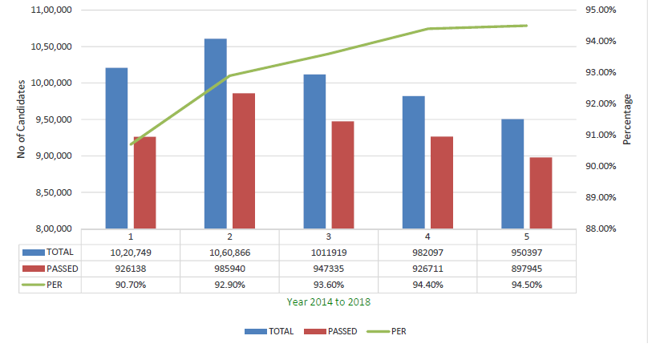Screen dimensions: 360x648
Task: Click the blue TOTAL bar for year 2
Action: (216, 133)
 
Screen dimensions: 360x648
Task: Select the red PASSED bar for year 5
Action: (541, 192)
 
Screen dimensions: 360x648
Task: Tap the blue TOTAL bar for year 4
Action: (414, 162)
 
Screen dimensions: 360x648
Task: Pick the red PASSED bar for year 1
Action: (145, 182)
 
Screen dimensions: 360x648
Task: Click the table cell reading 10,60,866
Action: (229, 252)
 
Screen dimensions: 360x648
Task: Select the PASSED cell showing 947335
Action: (329, 268)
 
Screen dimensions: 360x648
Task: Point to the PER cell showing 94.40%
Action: (427, 284)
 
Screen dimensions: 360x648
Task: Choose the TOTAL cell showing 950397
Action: (527, 252)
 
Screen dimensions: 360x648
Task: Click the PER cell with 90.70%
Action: (130, 284)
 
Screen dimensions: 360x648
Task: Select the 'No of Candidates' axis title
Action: (22, 119)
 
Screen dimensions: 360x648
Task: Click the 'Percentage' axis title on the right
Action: (627, 119)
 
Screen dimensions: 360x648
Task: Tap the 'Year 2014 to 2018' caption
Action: (329, 302)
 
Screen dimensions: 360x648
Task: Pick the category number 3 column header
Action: (329, 237)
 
